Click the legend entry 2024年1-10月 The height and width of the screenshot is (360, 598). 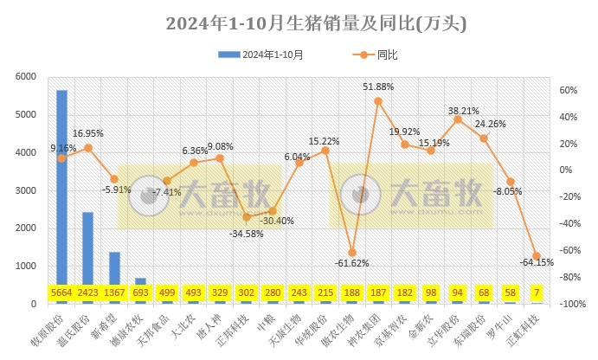pos(263,55)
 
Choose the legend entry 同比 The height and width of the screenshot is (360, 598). pos(376,55)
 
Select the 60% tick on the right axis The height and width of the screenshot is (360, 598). pos(567,90)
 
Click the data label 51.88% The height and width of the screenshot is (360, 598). pos(380,87)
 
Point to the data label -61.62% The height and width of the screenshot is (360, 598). pos(351,263)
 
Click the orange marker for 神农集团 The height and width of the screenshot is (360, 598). pos(378,101)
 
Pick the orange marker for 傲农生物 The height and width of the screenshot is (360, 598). pos(351,252)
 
